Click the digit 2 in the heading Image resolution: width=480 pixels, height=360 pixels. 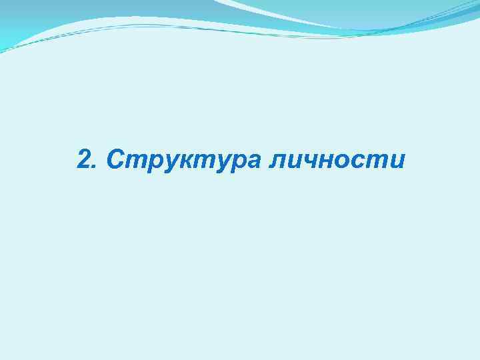click(x=84, y=160)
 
